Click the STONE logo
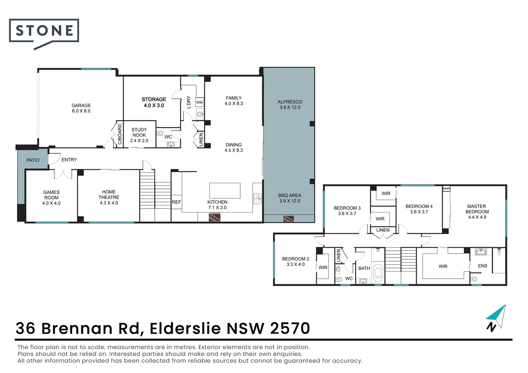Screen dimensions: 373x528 [44, 31]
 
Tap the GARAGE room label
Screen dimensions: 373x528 [81, 108]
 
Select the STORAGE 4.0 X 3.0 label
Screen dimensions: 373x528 [154, 102]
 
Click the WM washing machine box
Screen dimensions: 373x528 [199, 102]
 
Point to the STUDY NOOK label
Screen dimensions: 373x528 [139, 135]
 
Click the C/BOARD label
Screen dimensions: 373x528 [120, 134]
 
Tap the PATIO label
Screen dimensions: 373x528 [33, 160]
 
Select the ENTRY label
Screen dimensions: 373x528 [69, 160]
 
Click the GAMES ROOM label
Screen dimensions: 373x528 [51, 198]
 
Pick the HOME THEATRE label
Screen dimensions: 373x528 [109, 197]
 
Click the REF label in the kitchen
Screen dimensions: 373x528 [176, 202]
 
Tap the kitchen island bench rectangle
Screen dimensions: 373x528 [225, 191]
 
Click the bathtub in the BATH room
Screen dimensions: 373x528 [378, 272]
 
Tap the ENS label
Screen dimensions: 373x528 [482, 266]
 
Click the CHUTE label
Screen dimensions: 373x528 [446, 189]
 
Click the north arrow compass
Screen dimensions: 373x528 [497, 318]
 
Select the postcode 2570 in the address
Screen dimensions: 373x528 [290, 328]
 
